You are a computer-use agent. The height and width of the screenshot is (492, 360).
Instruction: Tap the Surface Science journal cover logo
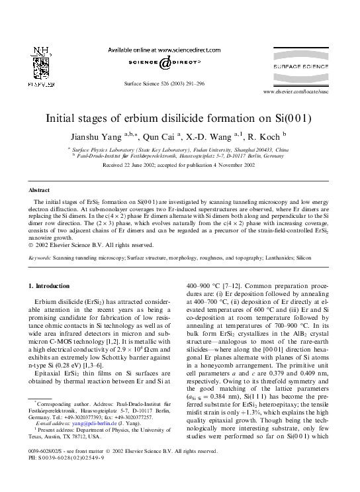[x=310, y=67]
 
